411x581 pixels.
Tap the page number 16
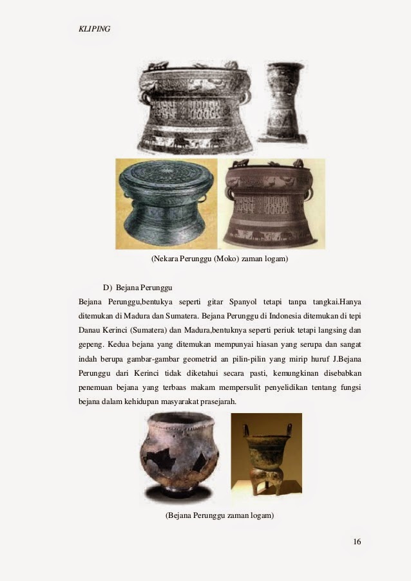coord(357,542)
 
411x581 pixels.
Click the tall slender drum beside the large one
coord(285,102)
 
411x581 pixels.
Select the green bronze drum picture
coord(167,204)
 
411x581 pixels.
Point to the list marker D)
coord(108,286)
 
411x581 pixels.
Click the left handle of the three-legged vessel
coord(245,430)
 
